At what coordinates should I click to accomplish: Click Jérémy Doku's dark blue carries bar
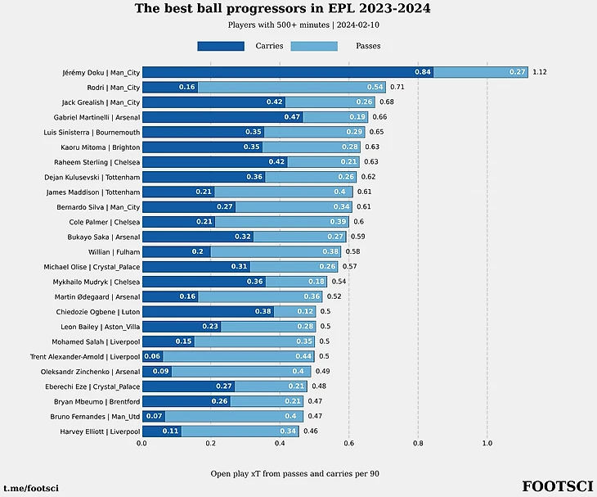pos(287,72)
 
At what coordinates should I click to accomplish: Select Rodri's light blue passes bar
pos(291,87)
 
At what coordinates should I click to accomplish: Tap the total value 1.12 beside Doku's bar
pos(539,72)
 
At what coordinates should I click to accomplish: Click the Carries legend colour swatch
pos(220,46)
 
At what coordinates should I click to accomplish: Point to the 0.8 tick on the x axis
pos(418,443)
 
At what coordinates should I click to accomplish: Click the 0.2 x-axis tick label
pos(210,443)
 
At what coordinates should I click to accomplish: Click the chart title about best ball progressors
pos(282,9)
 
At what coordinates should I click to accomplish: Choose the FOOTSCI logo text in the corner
pos(557,486)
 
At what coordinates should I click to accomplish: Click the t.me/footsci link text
pos(31,488)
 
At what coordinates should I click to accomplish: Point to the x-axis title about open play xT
pos(294,473)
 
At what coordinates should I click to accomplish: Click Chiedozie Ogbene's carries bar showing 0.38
pos(208,311)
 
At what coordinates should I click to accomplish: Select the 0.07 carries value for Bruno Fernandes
pos(153,416)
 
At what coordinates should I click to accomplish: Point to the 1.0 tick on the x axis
pos(487,443)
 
